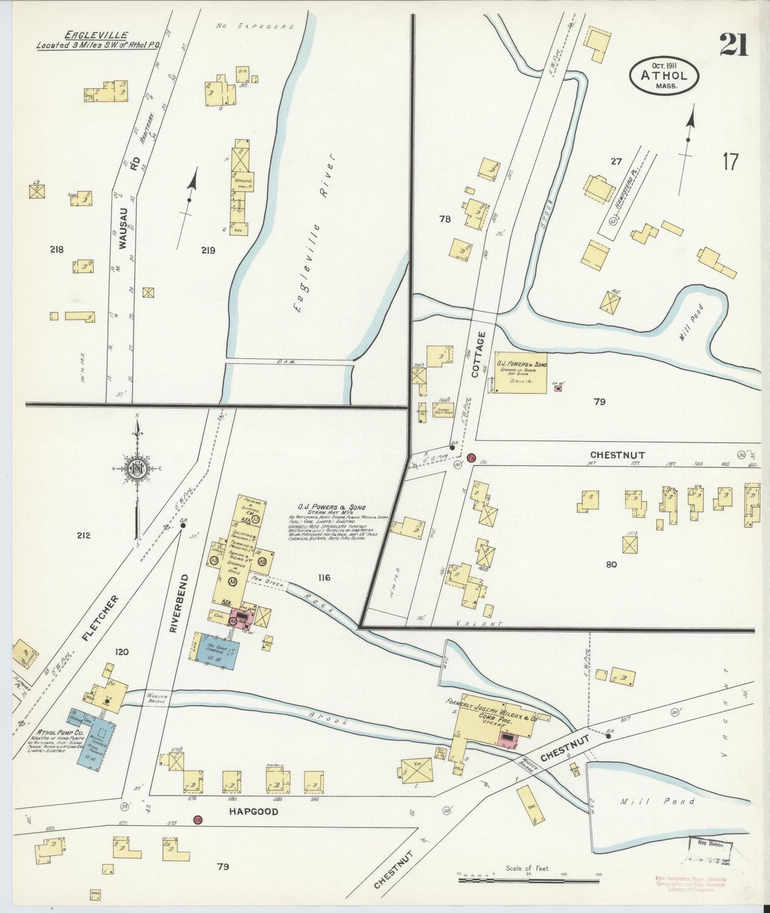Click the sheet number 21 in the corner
pos(733,45)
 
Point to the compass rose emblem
pos(137,468)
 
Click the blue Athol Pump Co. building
pos(96,740)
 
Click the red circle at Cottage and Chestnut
pos(471,458)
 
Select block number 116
pos(323,577)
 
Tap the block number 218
pos(56,249)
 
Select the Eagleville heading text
pos(96,35)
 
